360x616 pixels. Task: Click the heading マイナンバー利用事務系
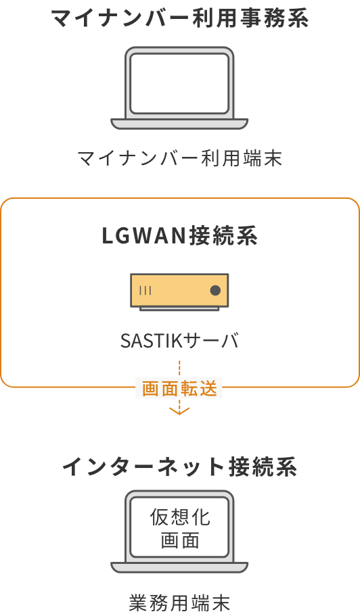179,18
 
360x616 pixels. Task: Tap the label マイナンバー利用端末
179,158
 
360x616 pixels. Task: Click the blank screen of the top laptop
179,84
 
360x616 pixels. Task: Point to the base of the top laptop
179,124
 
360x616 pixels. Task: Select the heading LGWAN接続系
179,236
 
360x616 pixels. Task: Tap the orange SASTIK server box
179,290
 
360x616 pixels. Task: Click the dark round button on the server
215,290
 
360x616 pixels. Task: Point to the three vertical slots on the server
145,290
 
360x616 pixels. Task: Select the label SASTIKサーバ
179,341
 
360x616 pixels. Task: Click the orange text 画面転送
179,388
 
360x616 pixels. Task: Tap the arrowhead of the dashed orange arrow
179,411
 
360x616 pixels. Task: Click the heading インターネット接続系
179,467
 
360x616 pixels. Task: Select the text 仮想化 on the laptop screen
180,517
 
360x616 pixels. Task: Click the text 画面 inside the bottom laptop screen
180,540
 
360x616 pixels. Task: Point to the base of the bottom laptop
179,568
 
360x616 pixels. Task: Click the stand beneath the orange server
179,309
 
